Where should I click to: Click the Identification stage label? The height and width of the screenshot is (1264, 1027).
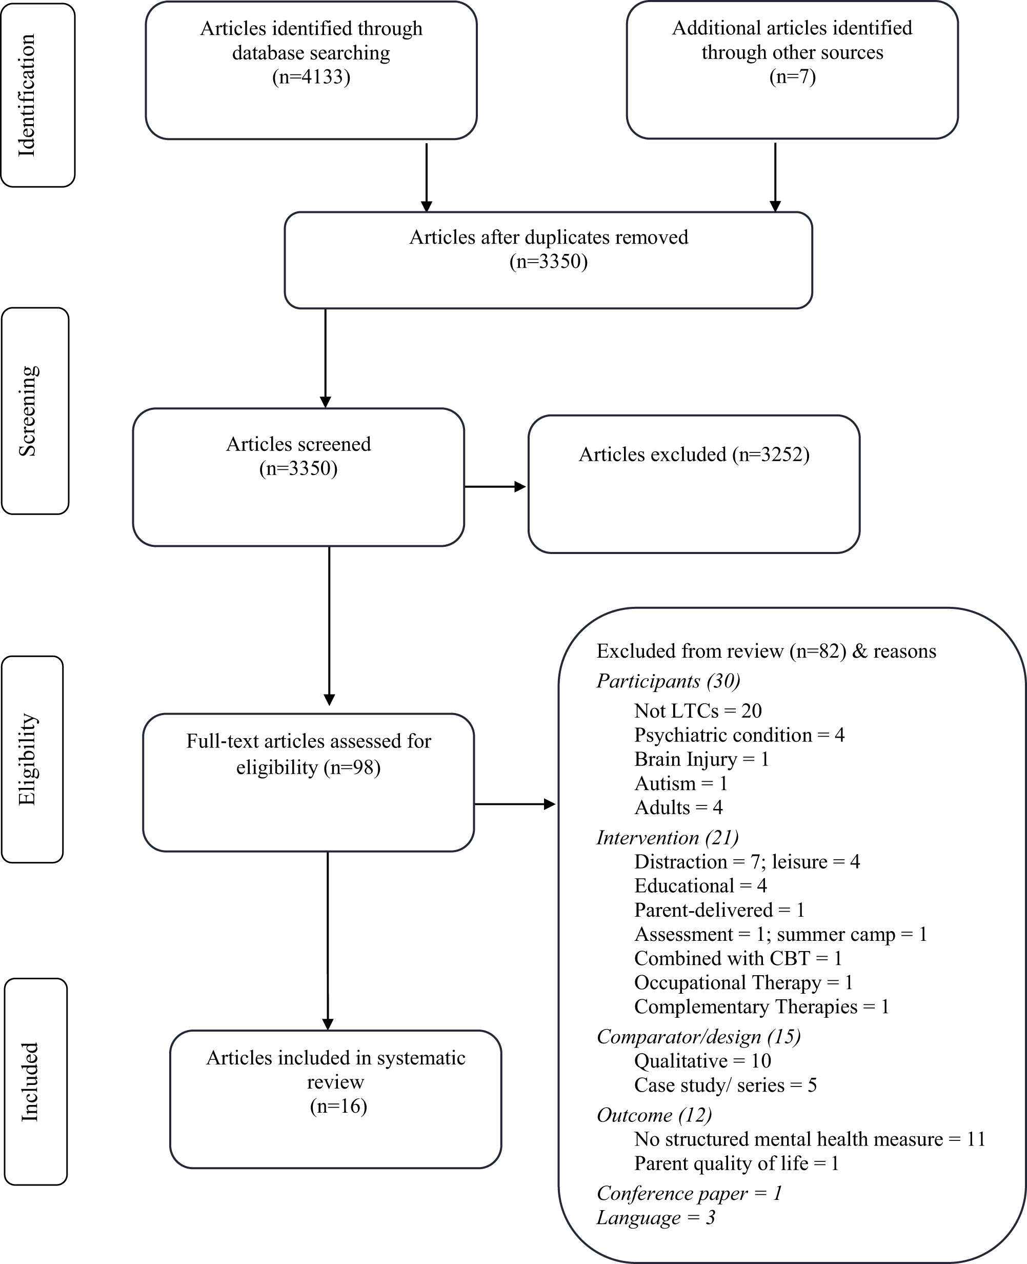(x=27, y=95)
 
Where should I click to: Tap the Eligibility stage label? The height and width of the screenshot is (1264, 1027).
(x=27, y=759)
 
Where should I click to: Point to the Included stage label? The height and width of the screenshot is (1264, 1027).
(x=30, y=1082)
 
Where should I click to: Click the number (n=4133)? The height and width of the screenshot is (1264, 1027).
(x=311, y=77)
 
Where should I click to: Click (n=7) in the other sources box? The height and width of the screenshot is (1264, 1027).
(x=792, y=76)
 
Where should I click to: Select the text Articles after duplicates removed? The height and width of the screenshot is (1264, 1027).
(x=549, y=238)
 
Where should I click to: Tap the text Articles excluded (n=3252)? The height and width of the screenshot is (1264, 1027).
(x=694, y=454)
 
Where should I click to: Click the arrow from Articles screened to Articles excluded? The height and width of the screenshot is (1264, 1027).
(x=495, y=486)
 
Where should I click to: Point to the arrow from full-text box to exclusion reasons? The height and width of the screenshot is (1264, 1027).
(x=514, y=804)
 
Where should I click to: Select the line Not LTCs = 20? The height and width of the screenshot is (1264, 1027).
(x=697, y=710)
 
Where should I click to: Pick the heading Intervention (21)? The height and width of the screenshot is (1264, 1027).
(x=667, y=837)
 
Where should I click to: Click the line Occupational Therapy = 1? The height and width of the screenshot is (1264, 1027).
(x=743, y=983)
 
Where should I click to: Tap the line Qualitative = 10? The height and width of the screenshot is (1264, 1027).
(x=702, y=1060)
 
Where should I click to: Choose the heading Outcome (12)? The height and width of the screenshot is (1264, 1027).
(x=654, y=1115)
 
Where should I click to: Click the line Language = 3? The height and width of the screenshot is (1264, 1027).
(x=655, y=1217)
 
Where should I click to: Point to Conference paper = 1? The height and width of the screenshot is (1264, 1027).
(x=689, y=1193)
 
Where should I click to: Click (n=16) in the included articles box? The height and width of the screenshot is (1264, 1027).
(x=338, y=1106)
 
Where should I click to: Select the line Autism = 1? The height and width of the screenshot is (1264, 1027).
(x=680, y=783)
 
